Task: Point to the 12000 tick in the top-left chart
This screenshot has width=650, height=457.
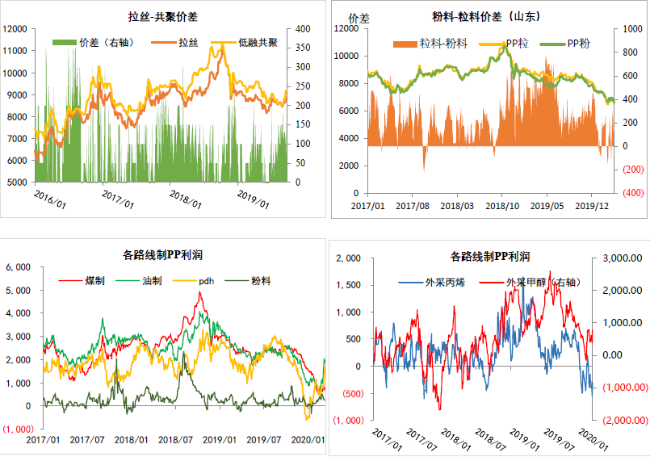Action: click(16, 28)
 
